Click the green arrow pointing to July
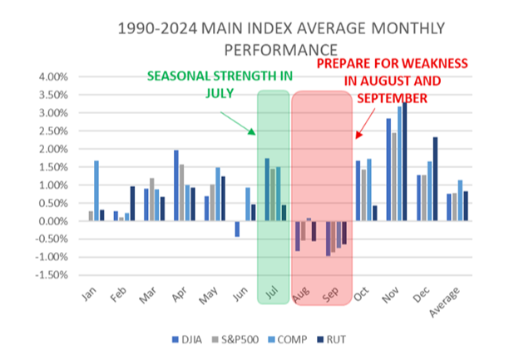pos(242,122)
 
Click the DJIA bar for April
pos(176,185)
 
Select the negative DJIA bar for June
pos(237,229)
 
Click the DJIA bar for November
pos(388,170)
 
